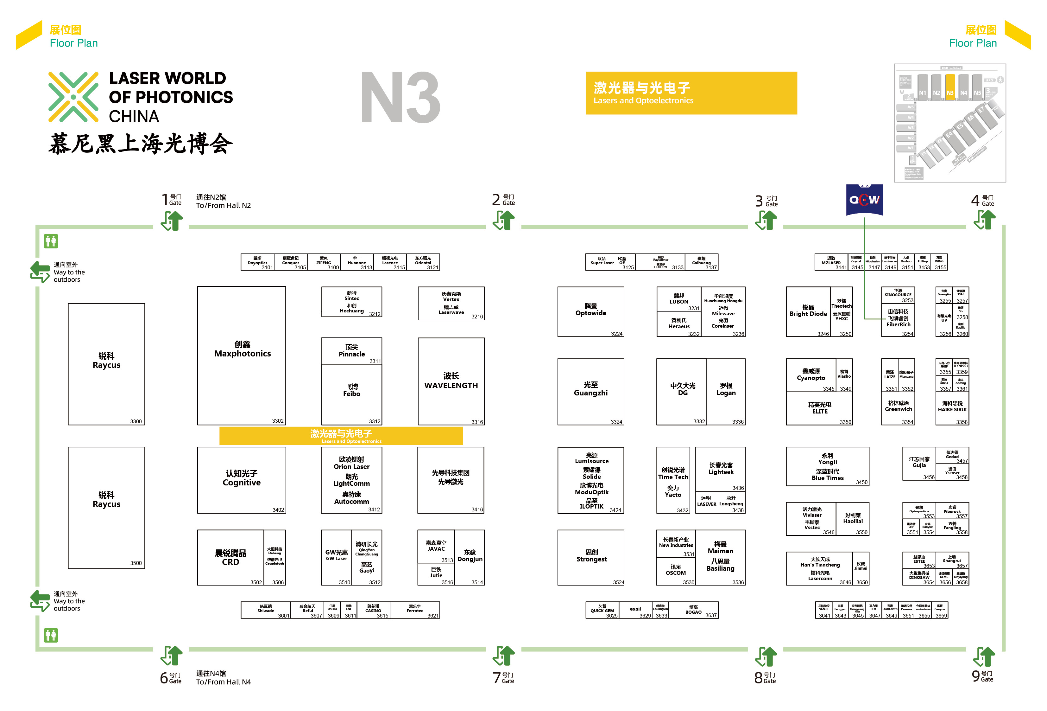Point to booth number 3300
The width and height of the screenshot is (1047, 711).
136,421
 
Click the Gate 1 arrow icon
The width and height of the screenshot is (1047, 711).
172,221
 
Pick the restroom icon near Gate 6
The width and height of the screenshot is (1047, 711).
51,635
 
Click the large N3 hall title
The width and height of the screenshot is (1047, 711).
400,98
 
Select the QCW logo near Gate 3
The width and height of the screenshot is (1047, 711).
864,199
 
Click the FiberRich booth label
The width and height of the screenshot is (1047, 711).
898,325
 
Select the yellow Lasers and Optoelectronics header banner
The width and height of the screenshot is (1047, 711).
691,93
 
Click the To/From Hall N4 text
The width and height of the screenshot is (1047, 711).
224,682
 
